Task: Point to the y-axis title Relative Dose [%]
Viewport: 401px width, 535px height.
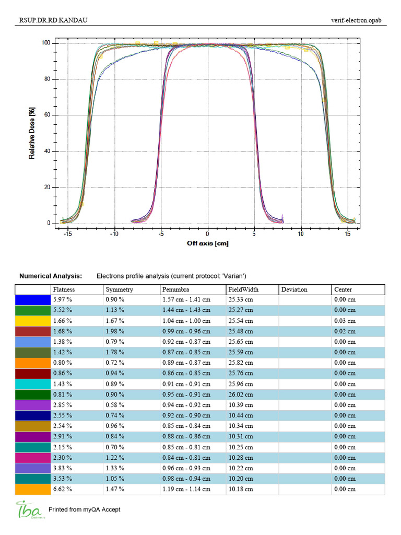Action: click(x=32, y=133)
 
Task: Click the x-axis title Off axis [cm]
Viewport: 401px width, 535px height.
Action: click(x=207, y=243)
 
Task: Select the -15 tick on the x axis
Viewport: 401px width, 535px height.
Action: click(x=67, y=234)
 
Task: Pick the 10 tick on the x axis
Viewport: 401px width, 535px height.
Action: click(x=301, y=234)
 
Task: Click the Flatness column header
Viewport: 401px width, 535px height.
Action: click(x=64, y=289)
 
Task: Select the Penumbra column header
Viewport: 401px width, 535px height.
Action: click(x=175, y=289)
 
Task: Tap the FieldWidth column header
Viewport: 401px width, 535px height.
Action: click(x=243, y=289)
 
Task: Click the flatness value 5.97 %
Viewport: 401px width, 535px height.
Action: click(x=63, y=300)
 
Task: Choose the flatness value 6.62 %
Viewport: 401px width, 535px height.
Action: click(x=63, y=489)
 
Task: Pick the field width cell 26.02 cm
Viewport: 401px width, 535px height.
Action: click(x=241, y=394)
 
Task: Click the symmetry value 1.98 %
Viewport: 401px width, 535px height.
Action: click(x=116, y=331)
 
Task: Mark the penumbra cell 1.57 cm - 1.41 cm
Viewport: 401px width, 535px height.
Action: click(x=186, y=300)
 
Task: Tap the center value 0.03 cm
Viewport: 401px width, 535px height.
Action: click(x=345, y=321)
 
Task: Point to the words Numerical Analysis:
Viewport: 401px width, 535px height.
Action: click(x=51, y=275)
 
